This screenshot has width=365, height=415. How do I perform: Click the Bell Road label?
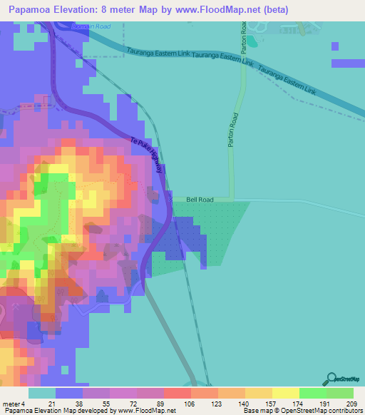point(200,200)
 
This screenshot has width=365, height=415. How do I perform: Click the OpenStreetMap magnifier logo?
point(331,379)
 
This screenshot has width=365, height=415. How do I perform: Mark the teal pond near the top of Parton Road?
point(250,41)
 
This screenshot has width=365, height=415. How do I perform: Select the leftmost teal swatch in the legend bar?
point(42,393)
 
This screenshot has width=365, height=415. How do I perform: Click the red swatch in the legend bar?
point(177,393)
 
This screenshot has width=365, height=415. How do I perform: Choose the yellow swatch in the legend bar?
point(285,393)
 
